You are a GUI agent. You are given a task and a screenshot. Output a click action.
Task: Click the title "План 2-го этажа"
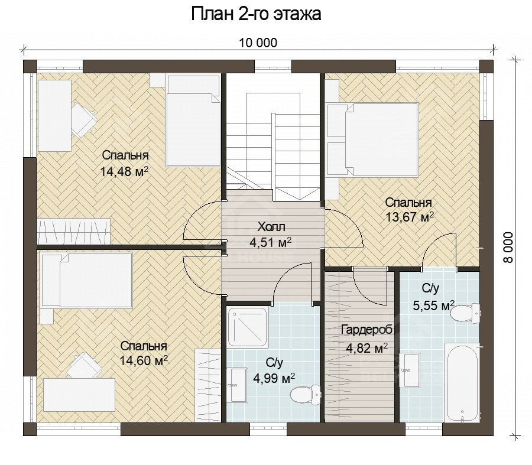(x=256, y=14)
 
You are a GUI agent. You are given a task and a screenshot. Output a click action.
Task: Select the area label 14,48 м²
(x=124, y=172)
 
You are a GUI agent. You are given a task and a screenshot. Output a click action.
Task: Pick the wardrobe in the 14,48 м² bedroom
(x=74, y=230)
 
